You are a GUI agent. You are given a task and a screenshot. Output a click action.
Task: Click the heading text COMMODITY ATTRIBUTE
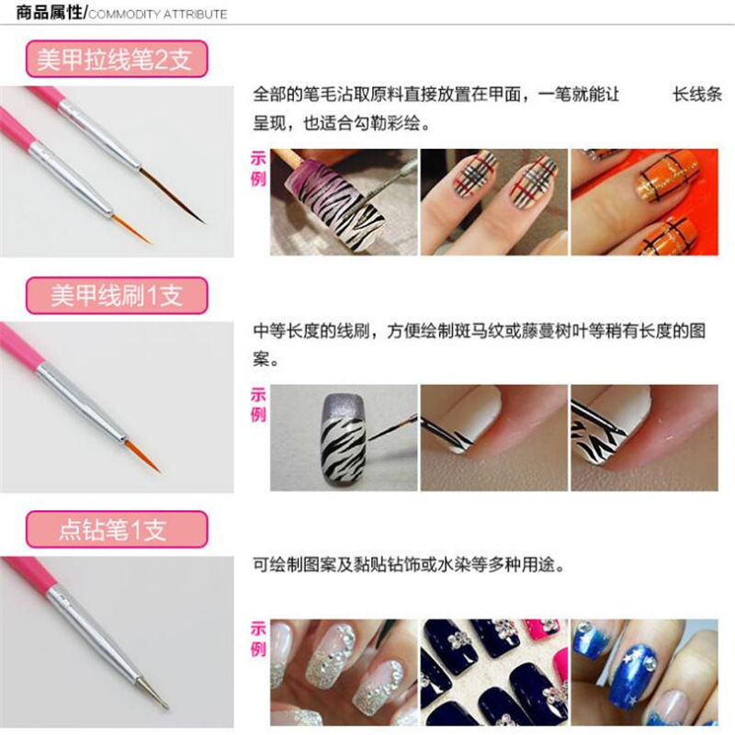[x=158, y=14]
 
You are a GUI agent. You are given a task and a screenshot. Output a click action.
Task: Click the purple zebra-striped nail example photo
[x=345, y=202]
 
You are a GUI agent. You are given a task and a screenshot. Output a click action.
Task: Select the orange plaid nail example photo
[x=644, y=202]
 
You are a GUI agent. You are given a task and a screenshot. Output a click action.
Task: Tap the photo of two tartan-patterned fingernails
[x=494, y=202]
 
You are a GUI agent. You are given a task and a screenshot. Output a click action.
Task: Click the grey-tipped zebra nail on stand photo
[x=345, y=436]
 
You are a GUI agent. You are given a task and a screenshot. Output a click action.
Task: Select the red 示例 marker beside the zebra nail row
[x=258, y=405]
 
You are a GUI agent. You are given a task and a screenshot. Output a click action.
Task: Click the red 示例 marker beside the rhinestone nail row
[x=258, y=639]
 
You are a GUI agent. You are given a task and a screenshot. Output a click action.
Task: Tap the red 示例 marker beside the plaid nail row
[x=258, y=168]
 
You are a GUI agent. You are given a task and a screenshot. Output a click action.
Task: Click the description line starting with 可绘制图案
[x=409, y=565]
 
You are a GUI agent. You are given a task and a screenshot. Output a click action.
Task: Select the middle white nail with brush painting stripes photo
[x=494, y=436]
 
